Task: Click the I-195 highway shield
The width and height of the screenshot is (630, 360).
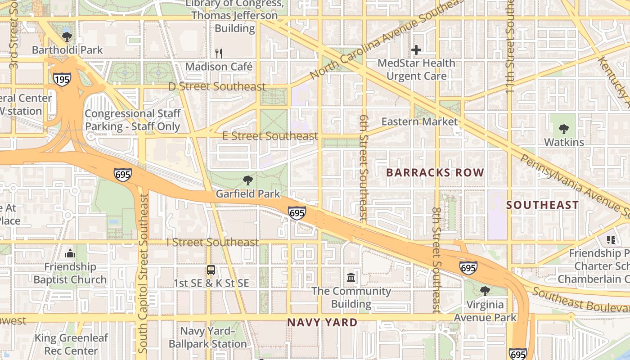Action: tap(62, 80)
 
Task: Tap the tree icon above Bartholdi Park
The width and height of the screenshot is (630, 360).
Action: tap(67, 37)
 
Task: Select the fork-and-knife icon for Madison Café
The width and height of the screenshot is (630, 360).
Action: tap(219, 54)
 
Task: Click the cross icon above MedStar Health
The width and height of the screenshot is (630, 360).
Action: tap(416, 50)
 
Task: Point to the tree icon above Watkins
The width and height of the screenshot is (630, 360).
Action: tap(563, 130)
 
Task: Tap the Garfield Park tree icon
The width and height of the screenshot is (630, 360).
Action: tap(247, 181)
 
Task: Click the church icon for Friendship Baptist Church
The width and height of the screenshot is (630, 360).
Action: tap(70, 254)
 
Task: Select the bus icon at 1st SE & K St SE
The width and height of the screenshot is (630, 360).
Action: tap(211, 270)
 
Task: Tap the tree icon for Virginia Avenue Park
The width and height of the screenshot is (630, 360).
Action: tap(485, 291)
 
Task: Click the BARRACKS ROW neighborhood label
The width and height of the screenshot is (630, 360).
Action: tap(435, 173)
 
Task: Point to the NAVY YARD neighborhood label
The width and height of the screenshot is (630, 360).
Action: tap(322, 322)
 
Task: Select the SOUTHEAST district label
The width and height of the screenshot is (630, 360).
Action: tap(542, 205)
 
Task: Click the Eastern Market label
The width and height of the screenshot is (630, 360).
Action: tap(419, 121)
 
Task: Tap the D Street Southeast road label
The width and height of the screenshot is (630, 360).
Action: tap(217, 86)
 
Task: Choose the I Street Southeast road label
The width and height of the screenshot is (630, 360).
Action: tap(213, 243)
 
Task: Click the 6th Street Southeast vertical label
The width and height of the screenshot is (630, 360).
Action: tap(364, 167)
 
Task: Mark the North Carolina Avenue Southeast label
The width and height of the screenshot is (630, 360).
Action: tap(387, 39)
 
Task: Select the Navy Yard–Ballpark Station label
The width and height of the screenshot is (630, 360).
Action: tap(207, 337)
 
